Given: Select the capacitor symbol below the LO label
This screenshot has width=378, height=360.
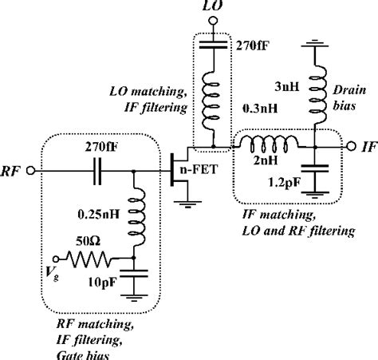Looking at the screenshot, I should pos(213,46).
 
